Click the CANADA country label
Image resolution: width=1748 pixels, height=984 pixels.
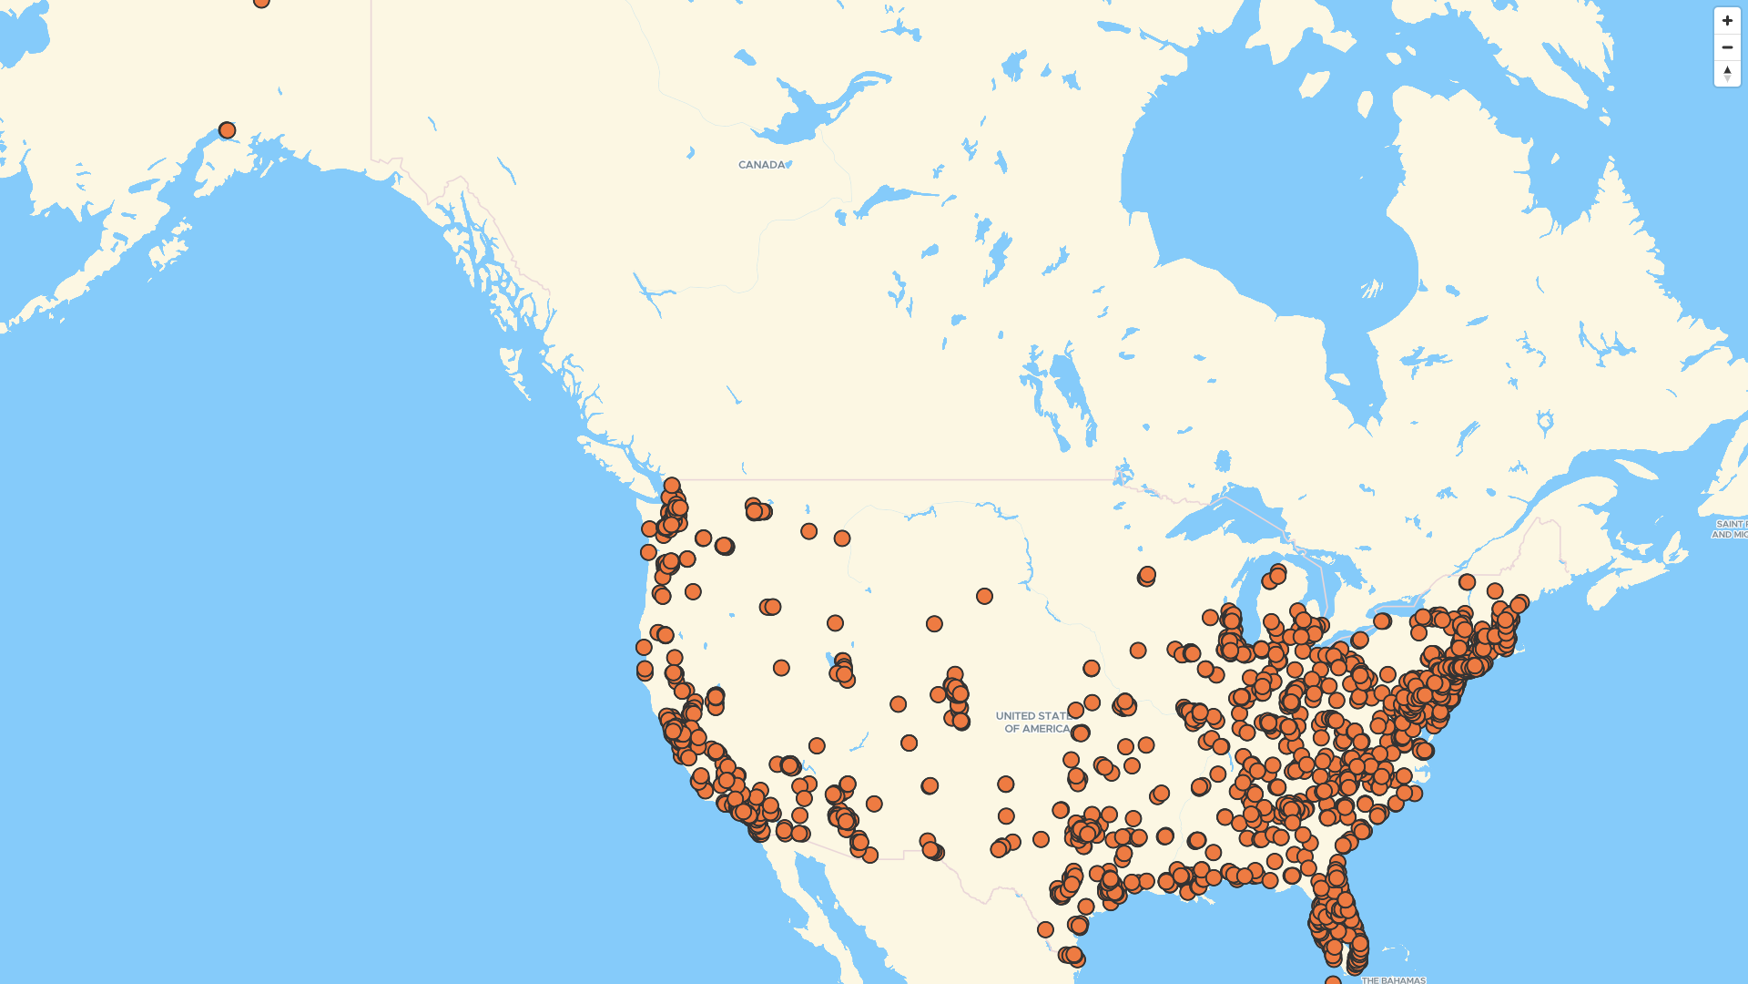click(x=761, y=165)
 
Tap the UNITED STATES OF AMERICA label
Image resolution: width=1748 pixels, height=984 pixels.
click(x=1034, y=723)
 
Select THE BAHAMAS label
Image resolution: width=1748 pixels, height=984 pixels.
click(x=1393, y=979)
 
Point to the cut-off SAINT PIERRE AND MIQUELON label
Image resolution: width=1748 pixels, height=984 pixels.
click(x=1730, y=529)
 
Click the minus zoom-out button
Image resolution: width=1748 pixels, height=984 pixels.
click(x=1727, y=47)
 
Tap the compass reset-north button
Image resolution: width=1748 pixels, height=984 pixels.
click(x=1727, y=73)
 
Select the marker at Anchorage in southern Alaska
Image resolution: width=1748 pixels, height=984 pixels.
click(x=228, y=130)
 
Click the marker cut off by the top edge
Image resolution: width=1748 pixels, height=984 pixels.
click(x=261, y=2)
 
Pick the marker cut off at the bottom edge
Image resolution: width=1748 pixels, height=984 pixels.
click(x=1333, y=980)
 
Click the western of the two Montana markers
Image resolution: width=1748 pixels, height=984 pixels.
click(x=808, y=531)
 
